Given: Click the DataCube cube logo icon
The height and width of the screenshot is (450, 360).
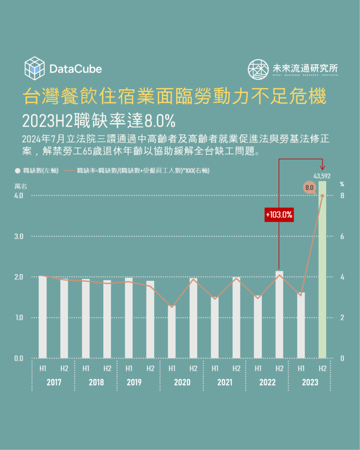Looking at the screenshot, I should point(35,68).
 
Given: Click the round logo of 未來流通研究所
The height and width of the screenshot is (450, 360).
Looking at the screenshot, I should point(258,69).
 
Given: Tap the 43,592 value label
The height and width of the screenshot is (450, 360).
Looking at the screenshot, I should point(322,176).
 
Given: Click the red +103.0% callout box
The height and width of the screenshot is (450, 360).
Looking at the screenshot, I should point(279,215).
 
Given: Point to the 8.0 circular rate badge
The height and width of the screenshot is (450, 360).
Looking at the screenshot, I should point(309,188).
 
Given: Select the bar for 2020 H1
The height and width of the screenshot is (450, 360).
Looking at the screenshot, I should point(172,332).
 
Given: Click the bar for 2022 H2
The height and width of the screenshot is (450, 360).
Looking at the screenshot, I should point(279,314).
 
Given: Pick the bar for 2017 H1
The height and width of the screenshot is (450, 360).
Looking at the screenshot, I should point(43,316).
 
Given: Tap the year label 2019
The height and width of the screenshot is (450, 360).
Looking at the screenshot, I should point(134,382).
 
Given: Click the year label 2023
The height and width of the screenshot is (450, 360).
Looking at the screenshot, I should point(310,382).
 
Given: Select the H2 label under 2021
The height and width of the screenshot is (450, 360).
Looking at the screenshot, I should point(236,368).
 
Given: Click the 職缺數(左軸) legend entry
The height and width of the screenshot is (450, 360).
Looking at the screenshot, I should point(37,171).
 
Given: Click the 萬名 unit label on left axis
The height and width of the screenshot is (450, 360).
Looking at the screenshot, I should point(20,186).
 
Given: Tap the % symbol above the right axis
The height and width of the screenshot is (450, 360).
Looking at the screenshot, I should point(342,185).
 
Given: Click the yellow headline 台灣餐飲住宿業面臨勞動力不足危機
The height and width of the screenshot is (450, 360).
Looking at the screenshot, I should point(174,97).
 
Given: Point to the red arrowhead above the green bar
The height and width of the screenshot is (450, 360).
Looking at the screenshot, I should point(323,167).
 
